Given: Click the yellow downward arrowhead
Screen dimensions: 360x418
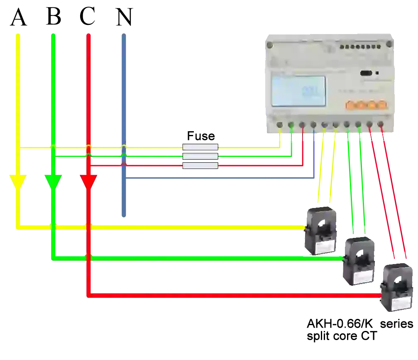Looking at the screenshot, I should click(x=18, y=181).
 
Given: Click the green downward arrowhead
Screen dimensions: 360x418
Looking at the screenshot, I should click(x=53, y=181).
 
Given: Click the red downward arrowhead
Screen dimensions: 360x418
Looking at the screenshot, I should click(x=89, y=181).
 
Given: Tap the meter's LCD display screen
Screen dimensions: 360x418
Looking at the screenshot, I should click(x=298, y=91).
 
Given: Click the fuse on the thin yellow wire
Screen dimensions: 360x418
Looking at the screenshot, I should click(x=200, y=147).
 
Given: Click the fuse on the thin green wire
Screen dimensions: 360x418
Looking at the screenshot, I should click(x=200, y=157).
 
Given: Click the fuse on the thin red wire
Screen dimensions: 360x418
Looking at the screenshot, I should click(x=200, y=166).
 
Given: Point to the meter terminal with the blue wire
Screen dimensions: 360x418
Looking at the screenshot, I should click(x=313, y=125).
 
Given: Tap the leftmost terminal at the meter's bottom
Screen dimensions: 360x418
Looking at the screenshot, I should click(x=280, y=125).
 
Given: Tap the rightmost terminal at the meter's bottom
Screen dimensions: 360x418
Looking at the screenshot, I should click(x=381, y=123).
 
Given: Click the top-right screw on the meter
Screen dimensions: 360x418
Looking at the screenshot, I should click(x=389, y=44).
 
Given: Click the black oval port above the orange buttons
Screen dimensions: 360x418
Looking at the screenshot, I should click(x=366, y=73).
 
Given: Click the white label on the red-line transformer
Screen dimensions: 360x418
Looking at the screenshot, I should click(x=398, y=305).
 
